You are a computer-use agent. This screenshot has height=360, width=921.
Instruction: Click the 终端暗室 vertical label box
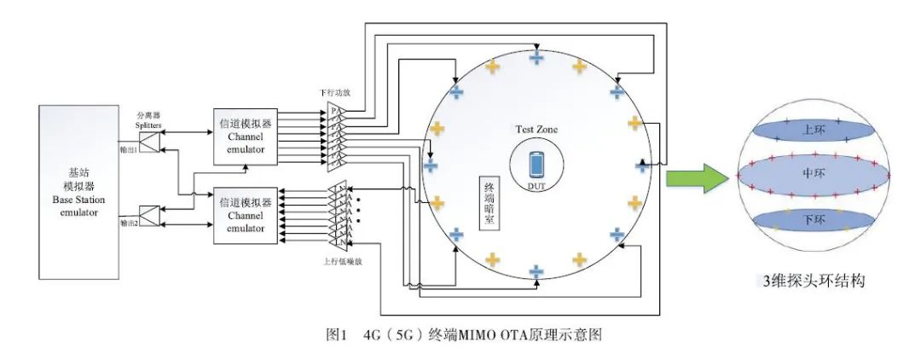(489, 203)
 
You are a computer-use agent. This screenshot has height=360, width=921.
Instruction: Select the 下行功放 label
(336, 92)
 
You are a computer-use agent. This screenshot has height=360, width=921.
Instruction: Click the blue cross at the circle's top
(536, 58)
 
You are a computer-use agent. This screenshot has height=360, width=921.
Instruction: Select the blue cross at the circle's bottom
(536, 272)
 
